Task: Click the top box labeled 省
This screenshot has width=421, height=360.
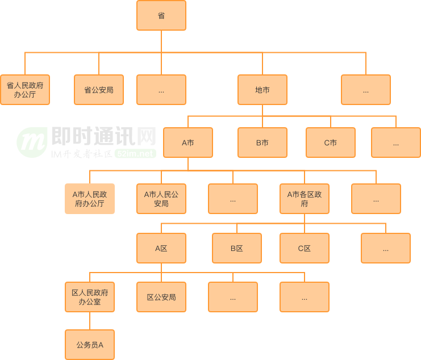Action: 161,15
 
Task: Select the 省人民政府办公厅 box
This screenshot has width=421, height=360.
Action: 25,90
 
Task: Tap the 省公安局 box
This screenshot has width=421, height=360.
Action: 99,90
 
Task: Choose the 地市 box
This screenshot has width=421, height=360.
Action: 262,90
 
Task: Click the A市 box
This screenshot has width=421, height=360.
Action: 188,143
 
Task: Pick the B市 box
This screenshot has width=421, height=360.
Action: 262,143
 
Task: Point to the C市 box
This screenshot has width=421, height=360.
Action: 331,143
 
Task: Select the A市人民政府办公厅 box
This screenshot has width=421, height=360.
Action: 90,199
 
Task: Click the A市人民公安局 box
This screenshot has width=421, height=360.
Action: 161,199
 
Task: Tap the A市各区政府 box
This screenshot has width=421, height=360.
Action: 305,199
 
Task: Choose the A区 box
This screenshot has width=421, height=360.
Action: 161,248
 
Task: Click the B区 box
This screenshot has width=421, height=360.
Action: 237,248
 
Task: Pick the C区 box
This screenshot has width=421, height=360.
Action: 305,248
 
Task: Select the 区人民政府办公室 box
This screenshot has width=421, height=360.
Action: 90,297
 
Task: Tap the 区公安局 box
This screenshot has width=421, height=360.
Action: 161,297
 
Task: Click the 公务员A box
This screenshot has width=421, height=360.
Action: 90,345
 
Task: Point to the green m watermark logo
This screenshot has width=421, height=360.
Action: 32,142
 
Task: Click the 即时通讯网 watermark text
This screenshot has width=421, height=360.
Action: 103,136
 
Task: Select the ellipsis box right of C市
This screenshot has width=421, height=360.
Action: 396,143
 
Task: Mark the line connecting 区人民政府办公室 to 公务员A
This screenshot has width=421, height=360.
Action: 90,321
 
